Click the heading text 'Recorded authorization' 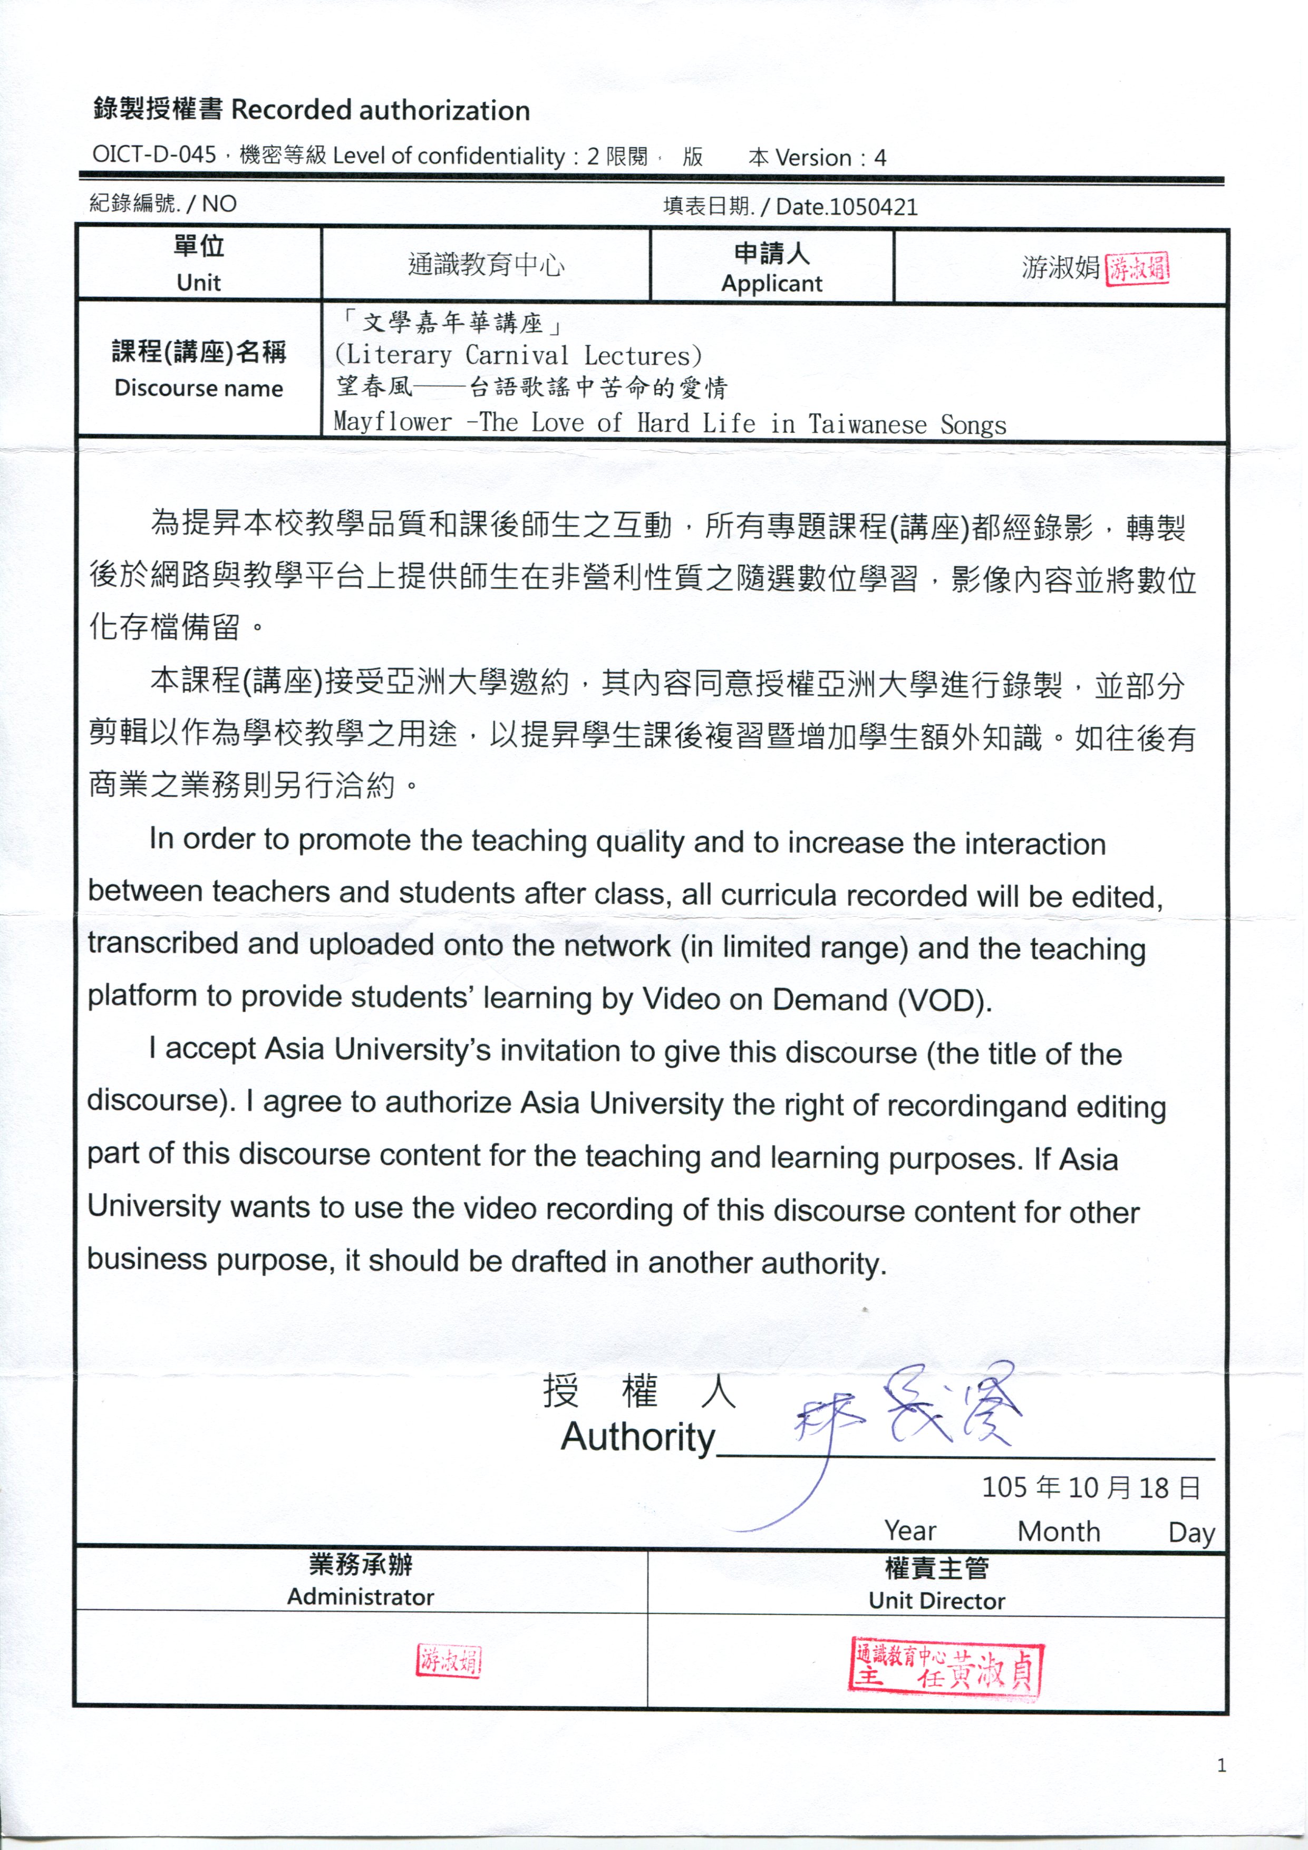[381, 110]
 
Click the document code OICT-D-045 [154, 154]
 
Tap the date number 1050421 [874, 207]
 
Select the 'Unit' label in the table [198, 283]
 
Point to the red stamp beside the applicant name [1137, 268]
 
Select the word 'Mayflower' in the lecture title [392, 421]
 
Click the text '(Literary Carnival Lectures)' [518, 355]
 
